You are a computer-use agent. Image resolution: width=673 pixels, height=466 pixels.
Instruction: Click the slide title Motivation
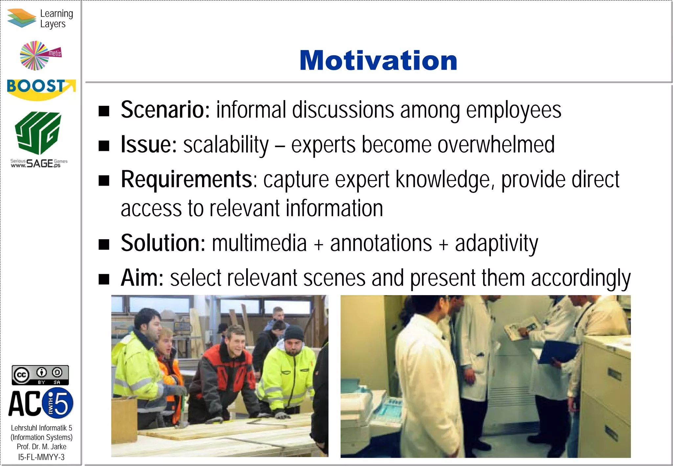click(x=378, y=61)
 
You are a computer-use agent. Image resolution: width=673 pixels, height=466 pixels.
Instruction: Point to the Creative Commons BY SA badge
click(x=40, y=375)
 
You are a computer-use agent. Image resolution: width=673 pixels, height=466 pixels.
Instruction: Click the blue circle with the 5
click(x=59, y=403)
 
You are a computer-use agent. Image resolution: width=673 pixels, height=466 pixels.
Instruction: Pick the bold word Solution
click(x=163, y=243)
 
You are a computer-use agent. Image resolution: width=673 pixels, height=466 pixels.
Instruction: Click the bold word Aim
click(x=142, y=278)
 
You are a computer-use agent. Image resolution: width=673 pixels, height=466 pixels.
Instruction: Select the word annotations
click(x=381, y=243)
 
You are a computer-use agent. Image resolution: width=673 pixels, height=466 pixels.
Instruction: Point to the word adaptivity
click(x=496, y=244)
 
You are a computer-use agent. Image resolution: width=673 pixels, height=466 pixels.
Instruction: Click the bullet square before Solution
click(x=104, y=245)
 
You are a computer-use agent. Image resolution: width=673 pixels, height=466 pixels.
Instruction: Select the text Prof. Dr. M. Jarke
click(x=41, y=447)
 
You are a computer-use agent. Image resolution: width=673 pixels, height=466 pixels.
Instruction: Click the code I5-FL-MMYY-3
click(x=41, y=457)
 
